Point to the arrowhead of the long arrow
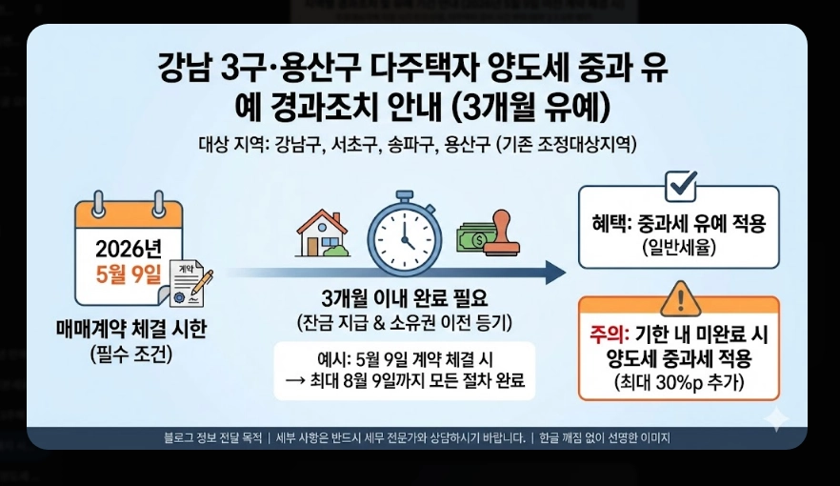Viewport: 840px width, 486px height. click(556, 273)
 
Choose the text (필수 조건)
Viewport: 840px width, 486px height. click(130, 354)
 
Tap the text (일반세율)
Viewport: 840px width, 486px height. click(679, 247)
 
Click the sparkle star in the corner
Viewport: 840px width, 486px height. click(777, 419)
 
